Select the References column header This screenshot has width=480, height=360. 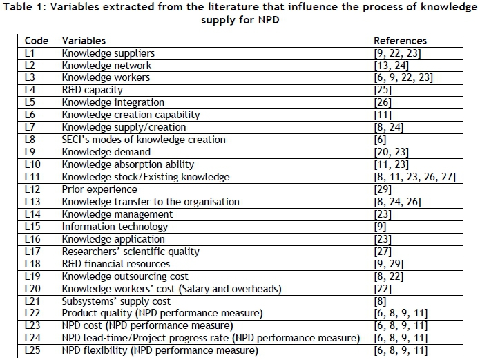click(x=400, y=41)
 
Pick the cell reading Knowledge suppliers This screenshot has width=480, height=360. click(x=108, y=53)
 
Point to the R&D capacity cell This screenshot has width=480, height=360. click(x=93, y=90)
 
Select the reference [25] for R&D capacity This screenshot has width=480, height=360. click(x=383, y=90)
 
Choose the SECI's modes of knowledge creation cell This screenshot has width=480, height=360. click(x=144, y=140)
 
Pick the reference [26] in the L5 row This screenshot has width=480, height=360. click(x=383, y=102)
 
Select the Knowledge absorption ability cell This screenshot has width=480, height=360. click(x=128, y=164)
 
